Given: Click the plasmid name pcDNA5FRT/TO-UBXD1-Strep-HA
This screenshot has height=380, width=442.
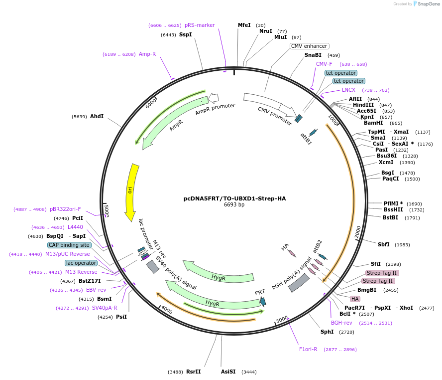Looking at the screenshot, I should tap(234, 198).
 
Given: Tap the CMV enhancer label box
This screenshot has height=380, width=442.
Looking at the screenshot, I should tap(309, 46).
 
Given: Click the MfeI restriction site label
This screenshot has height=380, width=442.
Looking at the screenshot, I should tap(244, 25).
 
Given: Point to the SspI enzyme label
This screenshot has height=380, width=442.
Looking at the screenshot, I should tap(185, 34).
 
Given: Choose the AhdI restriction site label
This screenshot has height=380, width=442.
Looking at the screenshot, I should tap(97, 116).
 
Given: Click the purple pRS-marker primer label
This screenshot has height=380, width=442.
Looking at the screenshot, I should tap(200, 25).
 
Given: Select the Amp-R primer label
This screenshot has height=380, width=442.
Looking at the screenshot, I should tap(147, 54).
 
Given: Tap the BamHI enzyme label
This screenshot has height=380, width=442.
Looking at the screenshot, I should tap(373, 123).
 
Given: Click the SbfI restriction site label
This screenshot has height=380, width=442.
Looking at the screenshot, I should tap(383, 244).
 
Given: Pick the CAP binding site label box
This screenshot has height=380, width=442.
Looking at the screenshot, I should tap(69, 245).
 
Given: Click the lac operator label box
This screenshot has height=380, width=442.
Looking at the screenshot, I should tap(81, 263).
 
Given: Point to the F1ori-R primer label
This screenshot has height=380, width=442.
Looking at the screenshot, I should tap(308, 349).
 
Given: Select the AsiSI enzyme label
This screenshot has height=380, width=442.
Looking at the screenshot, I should tap(228, 372).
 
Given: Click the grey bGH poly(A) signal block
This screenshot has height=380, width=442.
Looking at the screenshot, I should tap(299, 283).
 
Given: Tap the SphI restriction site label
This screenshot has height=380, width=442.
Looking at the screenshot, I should tap(327, 332).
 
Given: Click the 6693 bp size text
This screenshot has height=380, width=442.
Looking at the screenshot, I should tap(234, 204).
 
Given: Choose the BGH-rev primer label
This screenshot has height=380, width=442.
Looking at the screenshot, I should tap(341, 323).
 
